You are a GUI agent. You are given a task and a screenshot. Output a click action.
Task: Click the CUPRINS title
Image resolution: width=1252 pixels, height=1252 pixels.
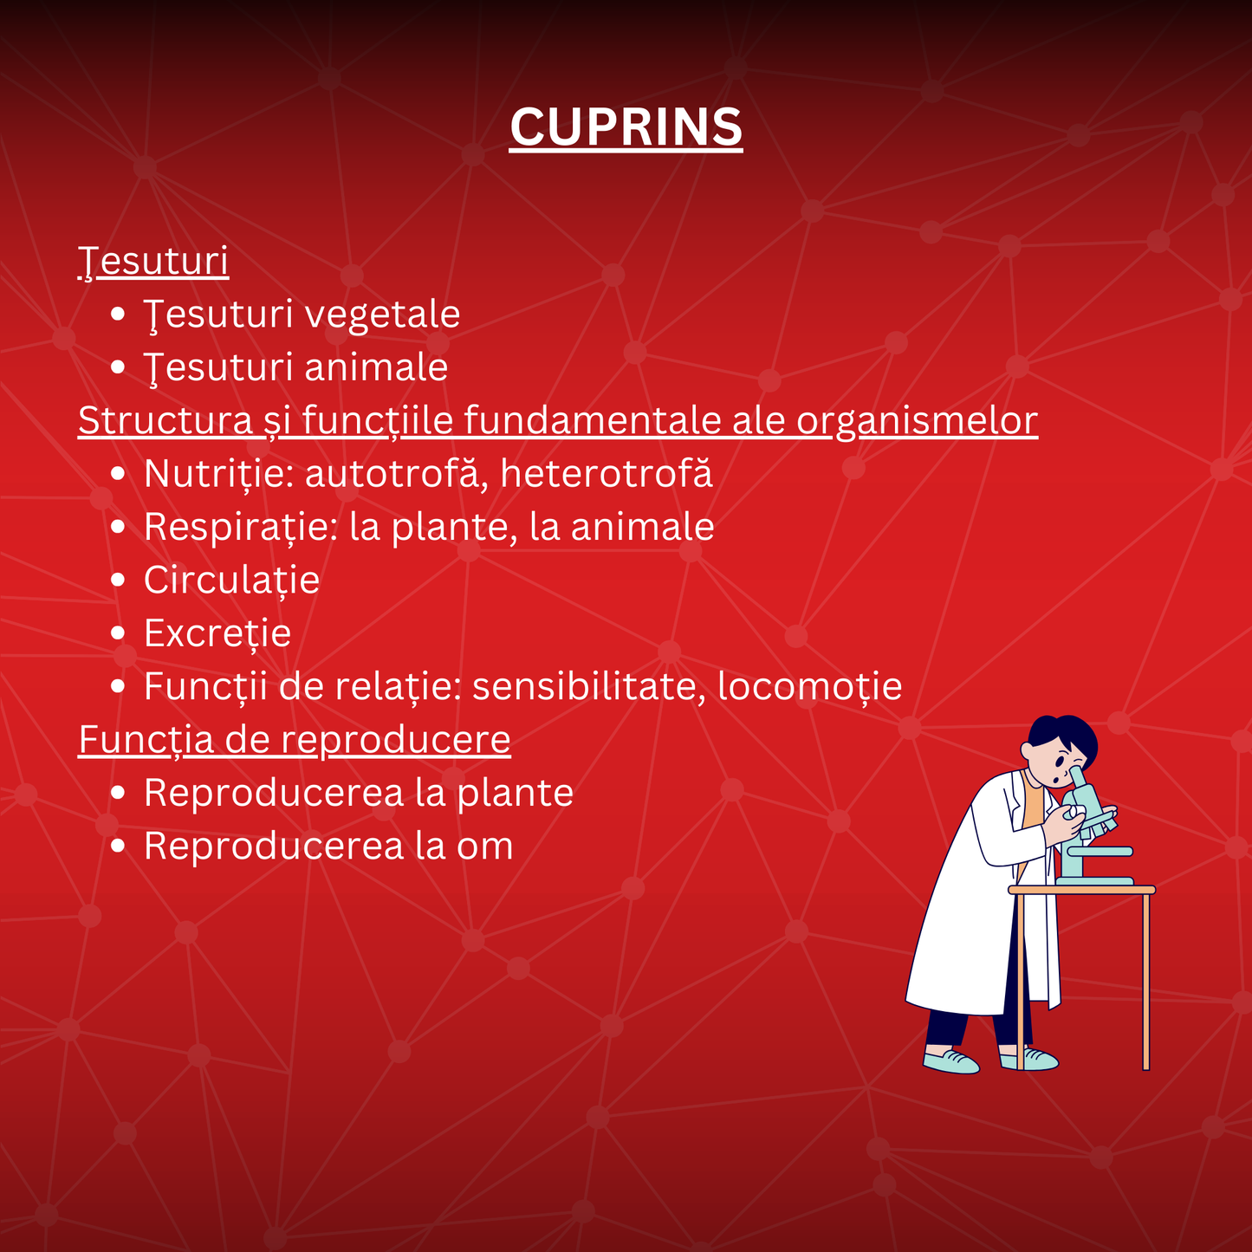tap(626, 127)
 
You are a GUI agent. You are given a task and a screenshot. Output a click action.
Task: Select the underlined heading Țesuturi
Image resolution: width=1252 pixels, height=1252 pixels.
tap(153, 261)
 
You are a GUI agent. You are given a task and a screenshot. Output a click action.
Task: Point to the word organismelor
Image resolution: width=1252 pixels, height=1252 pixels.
tap(917, 421)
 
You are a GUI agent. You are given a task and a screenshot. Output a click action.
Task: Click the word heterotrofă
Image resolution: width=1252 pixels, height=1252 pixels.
tap(607, 474)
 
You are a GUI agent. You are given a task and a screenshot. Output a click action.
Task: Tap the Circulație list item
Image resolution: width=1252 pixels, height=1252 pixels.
tap(231, 581)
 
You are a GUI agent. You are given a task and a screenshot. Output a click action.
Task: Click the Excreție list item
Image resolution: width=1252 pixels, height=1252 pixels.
tap(217, 633)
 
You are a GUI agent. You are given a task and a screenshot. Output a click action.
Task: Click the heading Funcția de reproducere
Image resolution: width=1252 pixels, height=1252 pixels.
tap(295, 740)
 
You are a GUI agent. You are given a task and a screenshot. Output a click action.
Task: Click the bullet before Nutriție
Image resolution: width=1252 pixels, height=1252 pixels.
tap(119, 475)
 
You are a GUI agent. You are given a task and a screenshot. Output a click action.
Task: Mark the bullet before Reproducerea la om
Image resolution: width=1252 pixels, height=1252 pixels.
tap(119, 847)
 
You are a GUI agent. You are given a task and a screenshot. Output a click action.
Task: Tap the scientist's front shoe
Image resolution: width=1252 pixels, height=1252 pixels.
tap(951, 1061)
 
